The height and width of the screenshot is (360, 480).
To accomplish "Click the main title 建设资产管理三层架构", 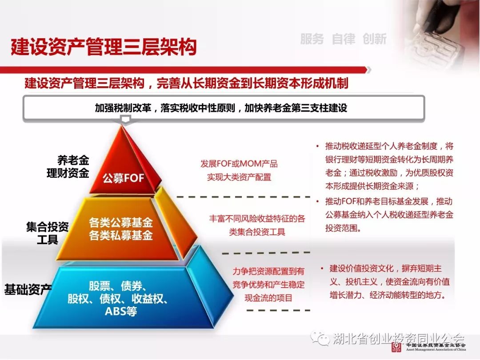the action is [x=104, y=47].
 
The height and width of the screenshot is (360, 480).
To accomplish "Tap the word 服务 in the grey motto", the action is [x=312, y=39].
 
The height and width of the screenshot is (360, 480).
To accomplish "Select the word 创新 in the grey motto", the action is [x=374, y=39].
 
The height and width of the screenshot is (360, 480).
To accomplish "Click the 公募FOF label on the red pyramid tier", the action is [x=124, y=178].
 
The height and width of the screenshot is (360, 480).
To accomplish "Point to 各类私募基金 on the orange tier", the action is [x=121, y=235].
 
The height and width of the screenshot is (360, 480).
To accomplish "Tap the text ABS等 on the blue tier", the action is [x=121, y=311].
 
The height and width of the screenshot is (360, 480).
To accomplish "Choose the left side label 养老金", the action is [x=73, y=160].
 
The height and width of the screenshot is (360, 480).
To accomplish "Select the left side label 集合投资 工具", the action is [x=48, y=233].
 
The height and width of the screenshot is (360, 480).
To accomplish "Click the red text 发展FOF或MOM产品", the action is [x=239, y=164].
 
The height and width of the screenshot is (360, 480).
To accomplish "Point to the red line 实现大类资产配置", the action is [x=239, y=177].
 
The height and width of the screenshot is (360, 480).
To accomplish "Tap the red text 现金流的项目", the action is [x=268, y=297].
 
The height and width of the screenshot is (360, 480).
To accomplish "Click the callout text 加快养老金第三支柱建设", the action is [x=296, y=108].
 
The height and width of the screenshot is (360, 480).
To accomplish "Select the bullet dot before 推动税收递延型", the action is [x=317, y=146].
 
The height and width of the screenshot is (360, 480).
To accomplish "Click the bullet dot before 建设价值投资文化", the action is [x=322, y=268].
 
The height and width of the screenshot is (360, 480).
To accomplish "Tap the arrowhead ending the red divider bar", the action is [x=369, y=70].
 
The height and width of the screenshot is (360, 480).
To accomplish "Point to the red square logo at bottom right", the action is [x=396, y=347].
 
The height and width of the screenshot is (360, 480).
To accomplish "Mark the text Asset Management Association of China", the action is [x=436, y=349].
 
